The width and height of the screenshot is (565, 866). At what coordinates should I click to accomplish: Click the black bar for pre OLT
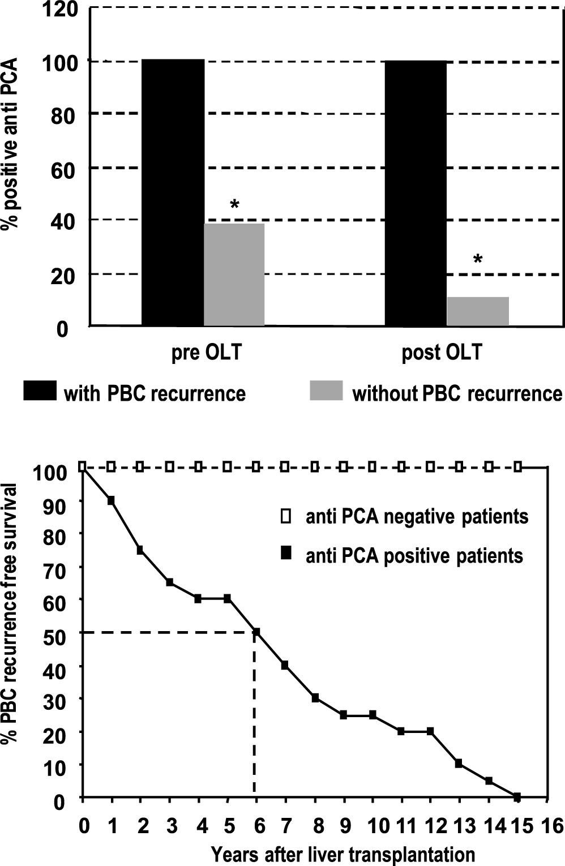[x=173, y=192]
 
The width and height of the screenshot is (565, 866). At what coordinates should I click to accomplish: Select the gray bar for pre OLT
[x=234, y=275]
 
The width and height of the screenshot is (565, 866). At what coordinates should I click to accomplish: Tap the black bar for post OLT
[x=416, y=192]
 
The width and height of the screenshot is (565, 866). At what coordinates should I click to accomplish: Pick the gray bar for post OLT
[x=478, y=311]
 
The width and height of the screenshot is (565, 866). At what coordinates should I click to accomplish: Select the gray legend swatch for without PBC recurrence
[x=326, y=391]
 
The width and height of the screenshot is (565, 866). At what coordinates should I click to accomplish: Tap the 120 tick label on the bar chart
[x=59, y=10]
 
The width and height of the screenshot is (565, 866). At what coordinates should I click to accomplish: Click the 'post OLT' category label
[x=442, y=353]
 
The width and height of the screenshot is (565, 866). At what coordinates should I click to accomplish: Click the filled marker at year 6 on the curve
[x=256, y=632]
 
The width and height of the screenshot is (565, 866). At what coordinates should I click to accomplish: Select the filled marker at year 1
[x=112, y=500]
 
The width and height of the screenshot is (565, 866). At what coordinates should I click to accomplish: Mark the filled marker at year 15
[x=517, y=796]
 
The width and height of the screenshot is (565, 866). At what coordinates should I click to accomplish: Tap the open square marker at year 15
[x=517, y=467]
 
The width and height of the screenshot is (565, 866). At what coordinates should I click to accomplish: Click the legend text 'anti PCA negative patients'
[x=417, y=517]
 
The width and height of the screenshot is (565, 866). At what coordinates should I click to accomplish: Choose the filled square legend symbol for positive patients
[x=287, y=555]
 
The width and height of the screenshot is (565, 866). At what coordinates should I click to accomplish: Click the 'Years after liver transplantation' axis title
[x=343, y=854]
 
